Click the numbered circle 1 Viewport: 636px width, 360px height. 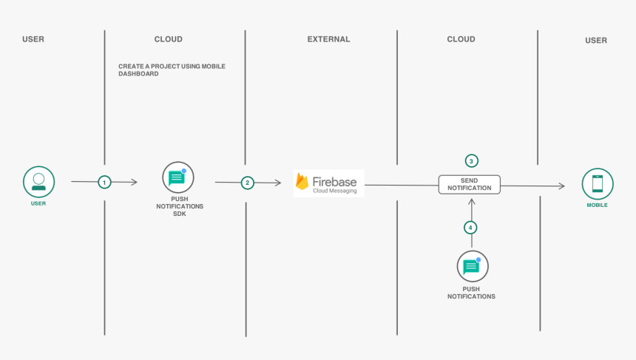(x=104, y=182)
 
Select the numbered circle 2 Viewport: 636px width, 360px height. (x=248, y=183)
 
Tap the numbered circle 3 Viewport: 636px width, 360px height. (x=471, y=161)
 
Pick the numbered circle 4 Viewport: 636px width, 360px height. (x=470, y=228)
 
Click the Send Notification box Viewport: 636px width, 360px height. (x=470, y=184)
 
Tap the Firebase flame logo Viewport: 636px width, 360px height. (x=302, y=182)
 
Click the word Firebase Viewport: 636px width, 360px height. (x=334, y=180)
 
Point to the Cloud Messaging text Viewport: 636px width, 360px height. (x=334, y=191)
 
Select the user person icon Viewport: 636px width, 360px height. (x=38, y=182)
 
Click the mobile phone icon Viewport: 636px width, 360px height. (x=597, y=183)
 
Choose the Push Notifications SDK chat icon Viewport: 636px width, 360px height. (x=177, y=177)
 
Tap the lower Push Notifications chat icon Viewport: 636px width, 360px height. (x=472, y=266)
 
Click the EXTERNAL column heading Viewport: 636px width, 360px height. (x=328, y=39)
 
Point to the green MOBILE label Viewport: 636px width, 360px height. (x=597, y=205)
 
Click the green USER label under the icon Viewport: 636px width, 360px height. (x=38, y=203)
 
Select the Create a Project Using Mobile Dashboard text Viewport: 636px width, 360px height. (x=172, y=69)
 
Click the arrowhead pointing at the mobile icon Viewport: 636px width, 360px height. (x=562, y=186)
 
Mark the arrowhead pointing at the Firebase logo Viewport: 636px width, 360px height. (x=277, y=183)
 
